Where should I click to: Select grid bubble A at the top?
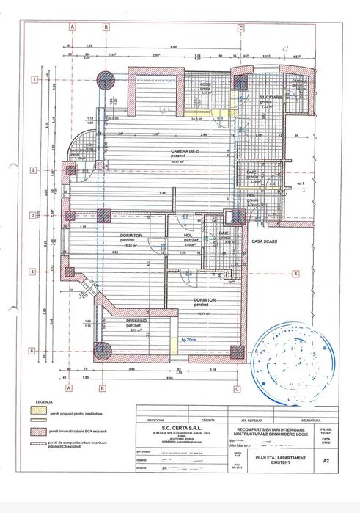(72, 29)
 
